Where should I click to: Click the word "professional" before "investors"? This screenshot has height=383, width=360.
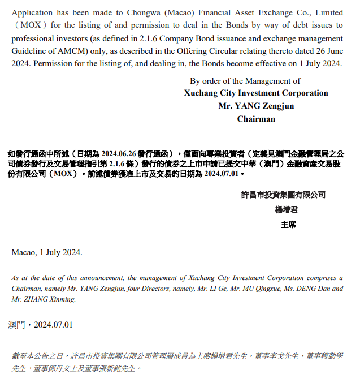(33, 38)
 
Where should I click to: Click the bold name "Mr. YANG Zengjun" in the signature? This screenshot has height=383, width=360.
(256, 106)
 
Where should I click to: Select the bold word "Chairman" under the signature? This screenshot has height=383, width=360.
(256, 119)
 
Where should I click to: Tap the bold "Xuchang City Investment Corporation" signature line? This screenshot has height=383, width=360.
(256, 93)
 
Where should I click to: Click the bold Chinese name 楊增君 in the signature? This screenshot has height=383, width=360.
(286, 209)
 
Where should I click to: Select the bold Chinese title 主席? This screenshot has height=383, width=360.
(288, 224)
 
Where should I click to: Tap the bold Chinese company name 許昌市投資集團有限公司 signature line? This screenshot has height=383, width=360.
(283, 195)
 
